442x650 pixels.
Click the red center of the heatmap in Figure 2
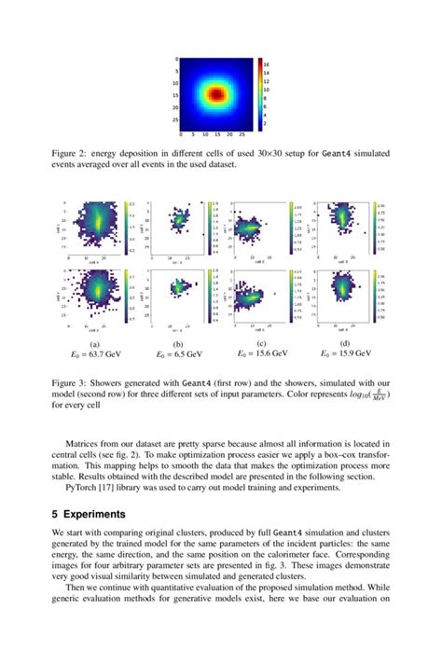215,94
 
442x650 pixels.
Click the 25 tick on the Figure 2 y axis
175,119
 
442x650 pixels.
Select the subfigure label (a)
94,344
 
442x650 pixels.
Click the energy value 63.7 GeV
94,354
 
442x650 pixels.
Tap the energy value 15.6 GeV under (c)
266,354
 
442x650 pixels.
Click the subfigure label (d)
346,344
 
